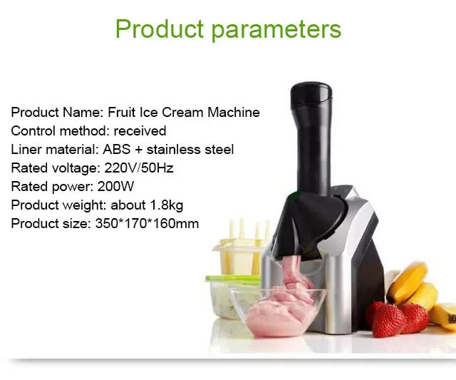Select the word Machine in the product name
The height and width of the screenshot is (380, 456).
[x=234, y=113]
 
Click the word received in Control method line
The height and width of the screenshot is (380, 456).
[x=140, y=131]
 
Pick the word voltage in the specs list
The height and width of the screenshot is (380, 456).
[x=69, y=168]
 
